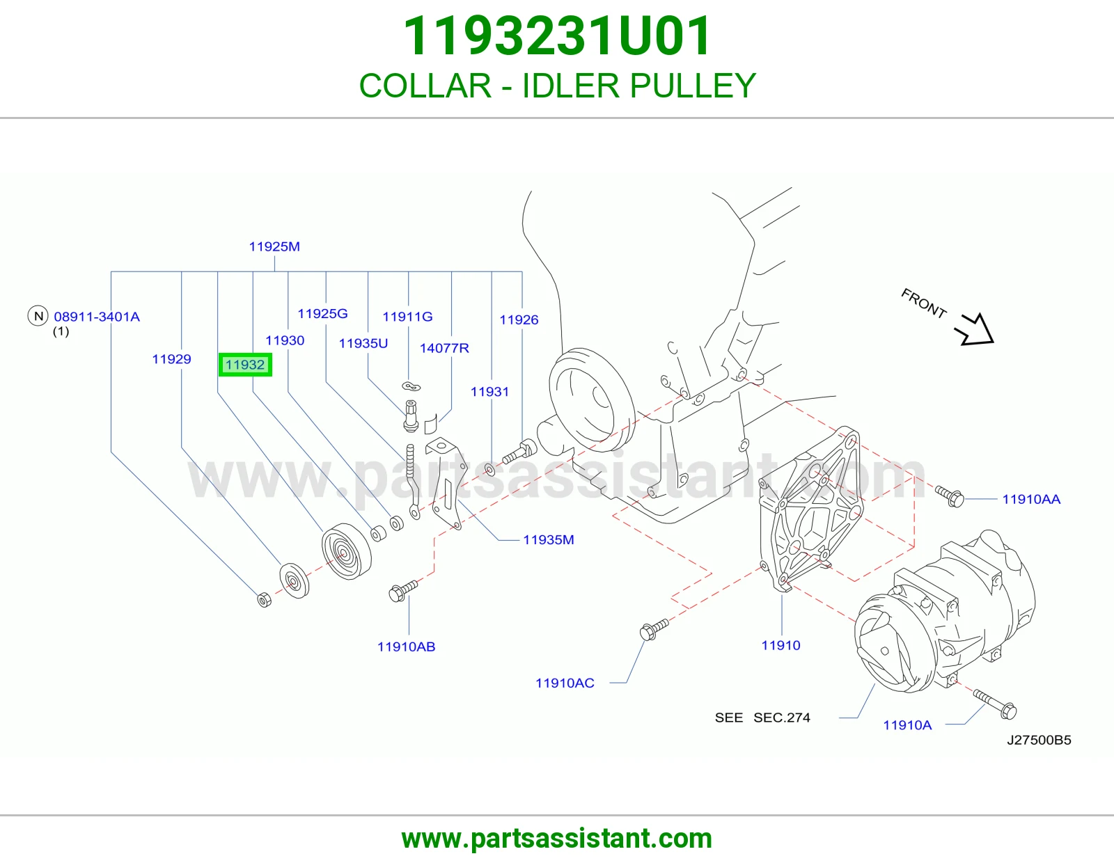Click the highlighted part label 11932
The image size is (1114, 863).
pos(245,365)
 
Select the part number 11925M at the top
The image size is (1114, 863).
pos(274,246)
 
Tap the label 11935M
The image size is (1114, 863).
pos(548,539)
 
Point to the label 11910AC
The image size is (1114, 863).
pos(565,683)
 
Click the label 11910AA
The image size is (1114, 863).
pos(1031,499)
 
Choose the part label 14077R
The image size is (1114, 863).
pos(444,349)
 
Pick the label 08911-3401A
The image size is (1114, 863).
pos(97,317)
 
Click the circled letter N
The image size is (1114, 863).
pos(38,316)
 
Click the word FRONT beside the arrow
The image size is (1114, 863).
pos(923,303)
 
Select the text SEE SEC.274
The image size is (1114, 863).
pos(762,718)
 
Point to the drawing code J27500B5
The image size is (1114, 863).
pos(1039,740)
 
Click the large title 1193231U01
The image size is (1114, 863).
pos(557,36)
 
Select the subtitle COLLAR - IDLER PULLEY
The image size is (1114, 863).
pos(557,86)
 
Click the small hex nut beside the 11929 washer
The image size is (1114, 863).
pos(264,599)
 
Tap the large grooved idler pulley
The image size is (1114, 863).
pos(347,551)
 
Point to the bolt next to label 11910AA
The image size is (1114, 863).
pos(950,496)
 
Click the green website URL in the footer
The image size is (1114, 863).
pos(557,839)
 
